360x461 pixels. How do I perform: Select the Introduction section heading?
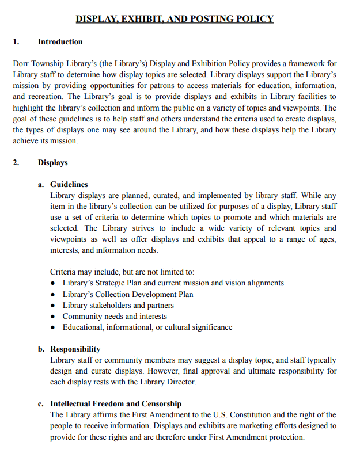[x=60, y=42]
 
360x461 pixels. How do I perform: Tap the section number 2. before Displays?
[x=16, y=163]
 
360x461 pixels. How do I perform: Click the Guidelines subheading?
[x=69, y=185]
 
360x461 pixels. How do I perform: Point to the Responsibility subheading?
[x=75, y=349]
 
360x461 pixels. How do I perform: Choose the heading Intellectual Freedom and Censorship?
[x=116, y=404]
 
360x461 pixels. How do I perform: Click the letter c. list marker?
[x=41, y=404]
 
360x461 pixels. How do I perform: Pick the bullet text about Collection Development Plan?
[x=128, y=295]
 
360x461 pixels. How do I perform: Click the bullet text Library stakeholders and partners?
[x=118, y=306]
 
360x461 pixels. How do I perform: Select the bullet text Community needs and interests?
[x=115, y=317]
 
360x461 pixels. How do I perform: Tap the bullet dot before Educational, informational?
[x=54, y=328]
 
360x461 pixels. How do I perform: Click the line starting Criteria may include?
[x=122, y=272]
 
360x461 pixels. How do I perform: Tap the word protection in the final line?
[x=284, y=437]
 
